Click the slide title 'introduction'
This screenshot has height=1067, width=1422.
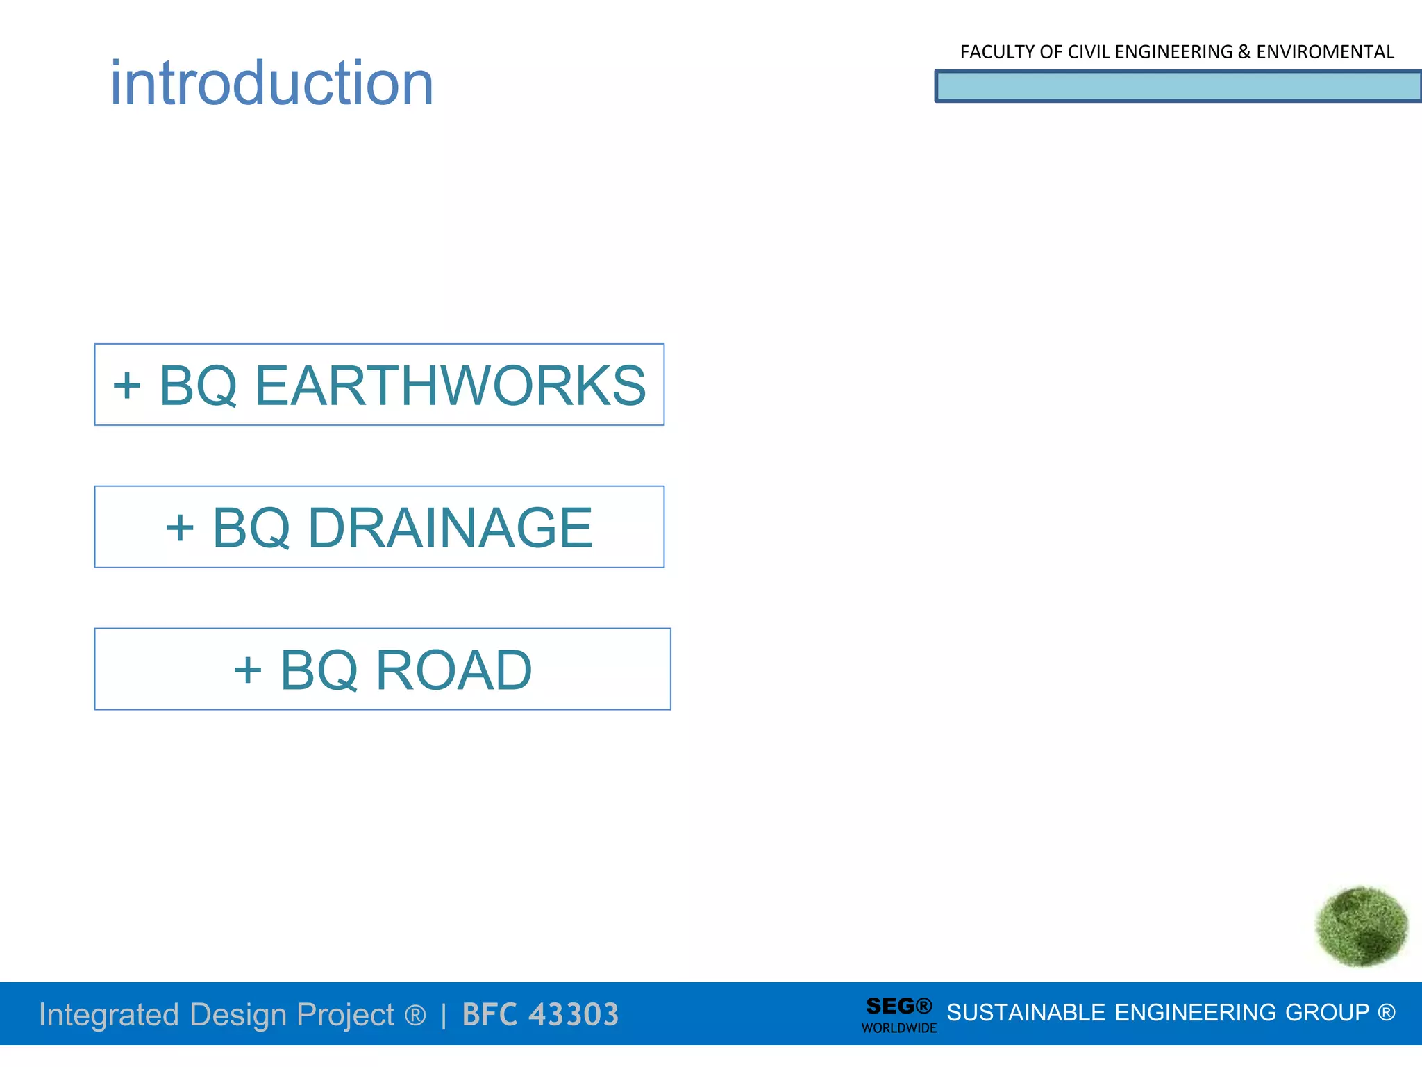click(x=271, y=83)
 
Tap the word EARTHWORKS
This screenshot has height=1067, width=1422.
click(x=450, y=386)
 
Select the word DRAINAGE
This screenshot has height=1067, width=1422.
click(x=450, y=528)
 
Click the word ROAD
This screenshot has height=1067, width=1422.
click(x=454, y=670)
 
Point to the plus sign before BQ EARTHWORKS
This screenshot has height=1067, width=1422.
click(x=127, y=386)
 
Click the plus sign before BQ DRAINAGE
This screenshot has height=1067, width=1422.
click(x=180, y=528)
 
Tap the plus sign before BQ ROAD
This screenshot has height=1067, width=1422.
click(x=248, y=670)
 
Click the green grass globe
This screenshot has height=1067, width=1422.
click(x=1361, y=926)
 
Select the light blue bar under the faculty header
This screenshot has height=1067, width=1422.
click(x=1178, y=87)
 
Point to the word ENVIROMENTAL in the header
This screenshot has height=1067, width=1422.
click(x=1325, y=52)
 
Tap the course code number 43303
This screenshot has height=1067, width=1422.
click(x=573, y=1014)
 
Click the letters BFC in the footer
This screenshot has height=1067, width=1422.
click(x=490, y=1014)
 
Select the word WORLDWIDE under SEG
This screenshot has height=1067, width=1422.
click(x=898, y=1028)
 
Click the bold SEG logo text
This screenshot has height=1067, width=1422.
click(x=890, y=1005)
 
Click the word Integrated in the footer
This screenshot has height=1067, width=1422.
click(x=109, y=1014)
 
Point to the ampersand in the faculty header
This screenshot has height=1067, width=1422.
click(x=1244, y=52)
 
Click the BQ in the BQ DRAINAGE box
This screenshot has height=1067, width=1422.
click(x=251, y=528)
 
